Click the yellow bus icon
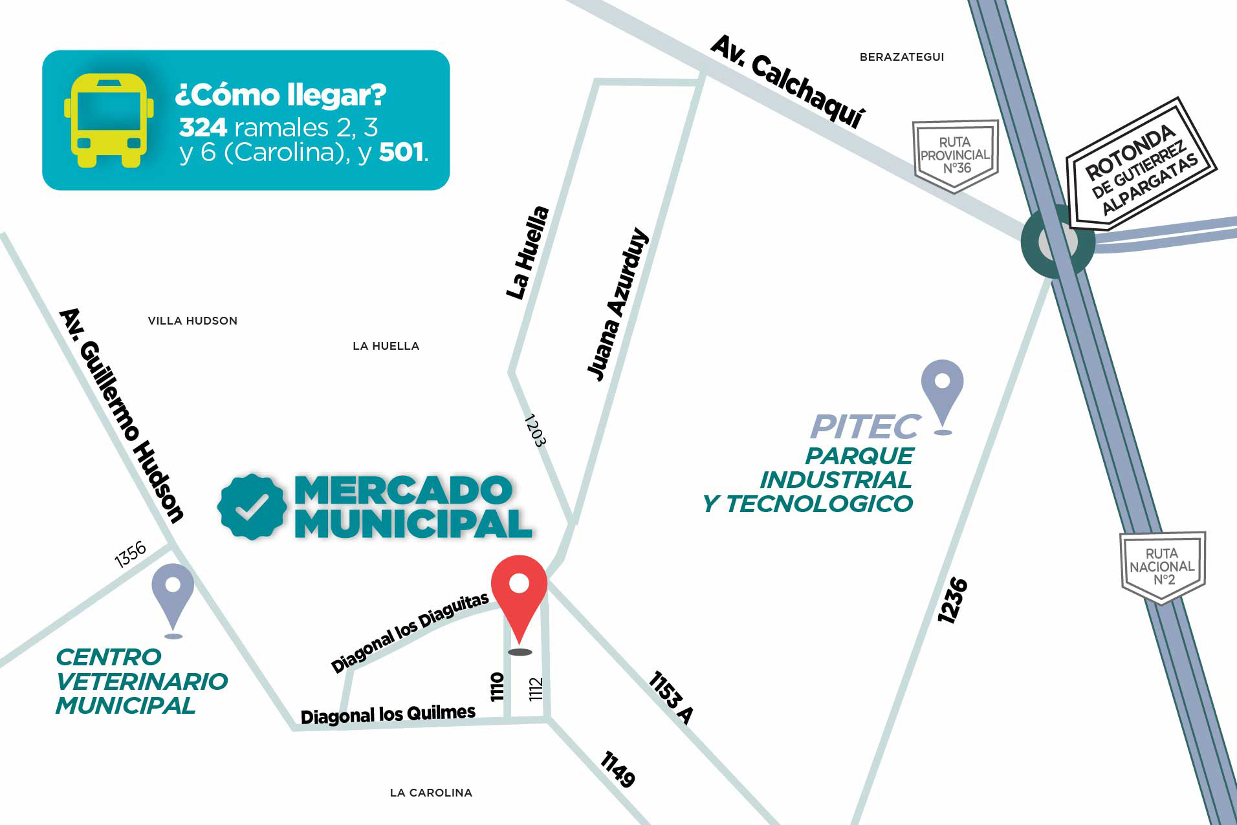pos(109,120)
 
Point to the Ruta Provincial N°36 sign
pos(955,155)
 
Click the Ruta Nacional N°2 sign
pos(1162,567)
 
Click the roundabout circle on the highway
pos(1057,242)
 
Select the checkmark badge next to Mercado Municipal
pos(252,507)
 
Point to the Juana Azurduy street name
pos(617,304)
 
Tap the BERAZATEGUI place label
pos(901,57)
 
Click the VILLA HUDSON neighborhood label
pos(192,321)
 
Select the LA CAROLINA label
pos(431,793)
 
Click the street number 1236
pos(952,601)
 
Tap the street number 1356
pos(130,554)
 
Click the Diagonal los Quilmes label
pos(388,714)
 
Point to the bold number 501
pos(402,152)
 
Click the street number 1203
pos(534,431)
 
